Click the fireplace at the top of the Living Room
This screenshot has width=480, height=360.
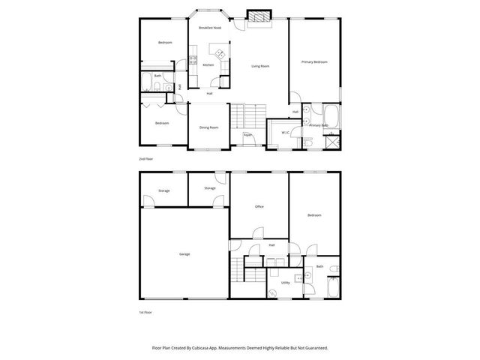point(259,16)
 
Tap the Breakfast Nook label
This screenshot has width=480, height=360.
point(209,27)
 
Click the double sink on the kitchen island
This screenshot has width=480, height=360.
point(221,53)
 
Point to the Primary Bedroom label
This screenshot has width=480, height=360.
point(314,61)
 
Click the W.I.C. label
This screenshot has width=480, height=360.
point(286,133)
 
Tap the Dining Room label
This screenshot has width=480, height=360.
point(208,127)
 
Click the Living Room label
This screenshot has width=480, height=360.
point(259,66)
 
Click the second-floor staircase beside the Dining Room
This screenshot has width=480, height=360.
point(238,117)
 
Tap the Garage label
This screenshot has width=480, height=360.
point(184,254)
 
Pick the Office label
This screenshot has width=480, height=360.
point(259,206)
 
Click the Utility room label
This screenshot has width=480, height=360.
point(285,283)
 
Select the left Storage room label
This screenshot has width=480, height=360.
point(163,190)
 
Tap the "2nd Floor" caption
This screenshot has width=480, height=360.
point(145,160)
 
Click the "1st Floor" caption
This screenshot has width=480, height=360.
point(145,311)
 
